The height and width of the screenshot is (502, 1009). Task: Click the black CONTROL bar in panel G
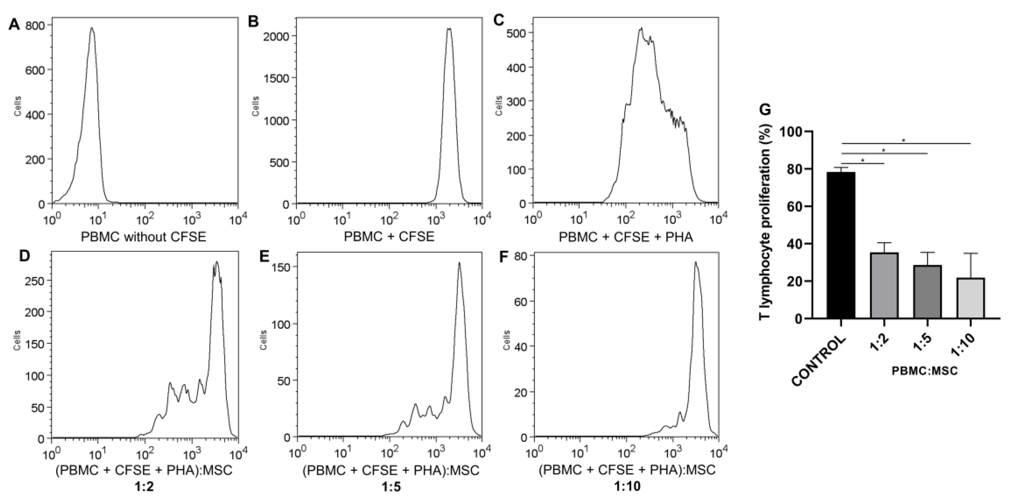[x=841, y=245]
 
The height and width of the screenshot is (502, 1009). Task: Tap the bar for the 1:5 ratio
[x=927, y=292]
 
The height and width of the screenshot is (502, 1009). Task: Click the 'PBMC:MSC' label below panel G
[x=924, y=371]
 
